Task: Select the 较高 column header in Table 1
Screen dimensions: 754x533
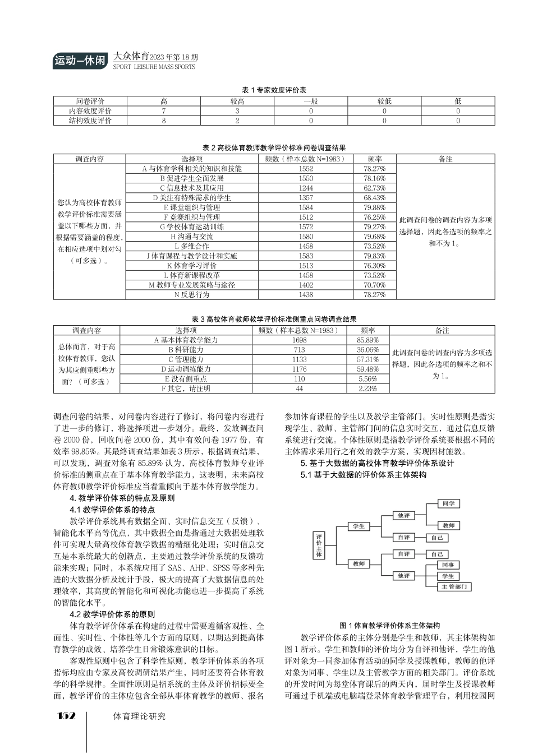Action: (237, 101)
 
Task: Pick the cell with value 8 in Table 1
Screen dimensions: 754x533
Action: (164, 121)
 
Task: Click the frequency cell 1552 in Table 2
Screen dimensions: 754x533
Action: (306, 169)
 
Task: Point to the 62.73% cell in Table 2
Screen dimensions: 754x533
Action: (374, 188)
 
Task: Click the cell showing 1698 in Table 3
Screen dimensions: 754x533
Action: (299, 340)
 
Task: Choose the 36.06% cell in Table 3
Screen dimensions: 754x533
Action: (368, 350)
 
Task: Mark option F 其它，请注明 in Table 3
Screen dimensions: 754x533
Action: (186, 388)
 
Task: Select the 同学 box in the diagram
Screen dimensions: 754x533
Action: (448, 504)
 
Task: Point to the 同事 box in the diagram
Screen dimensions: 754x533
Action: (448, 565)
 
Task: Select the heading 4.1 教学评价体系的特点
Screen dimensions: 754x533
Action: (112, 510)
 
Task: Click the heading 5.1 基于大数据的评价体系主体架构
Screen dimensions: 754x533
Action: (364, 475)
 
